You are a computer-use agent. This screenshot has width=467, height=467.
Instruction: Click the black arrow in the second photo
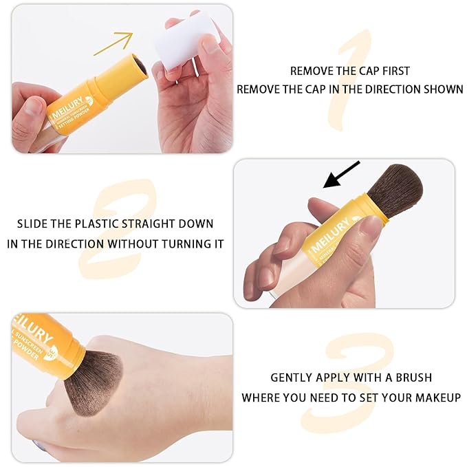tap(341, 175)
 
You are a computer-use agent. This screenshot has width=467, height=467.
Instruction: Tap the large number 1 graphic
tap(350, 79)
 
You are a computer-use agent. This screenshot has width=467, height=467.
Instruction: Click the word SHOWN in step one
tap(444, 89)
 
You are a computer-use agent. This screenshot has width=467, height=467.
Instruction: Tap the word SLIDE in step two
tap(32, 224)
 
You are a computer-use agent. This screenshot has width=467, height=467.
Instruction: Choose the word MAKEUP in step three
tap(438, 397)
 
